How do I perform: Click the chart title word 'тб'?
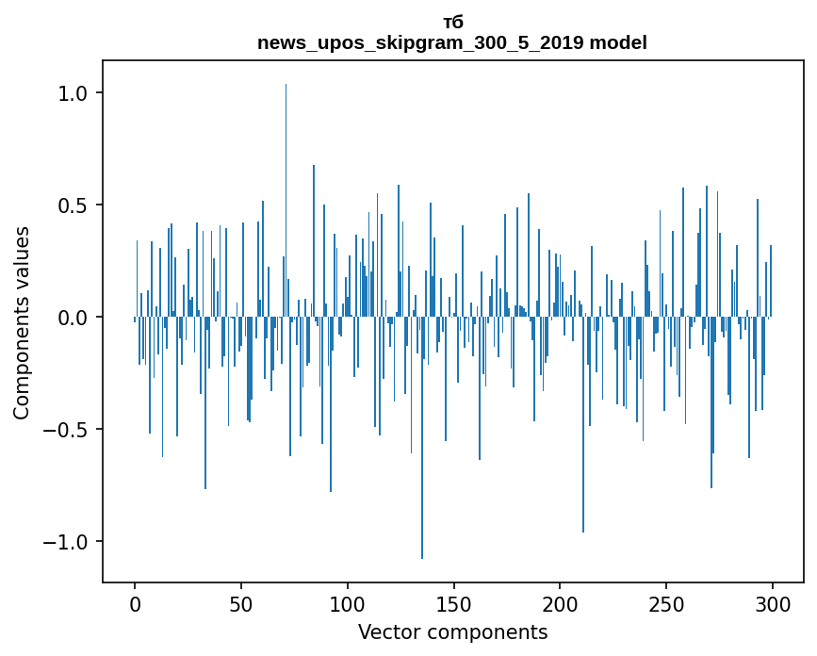[452, 23]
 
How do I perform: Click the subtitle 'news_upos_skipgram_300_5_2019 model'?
[452, 42]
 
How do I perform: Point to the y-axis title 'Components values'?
[22, 322]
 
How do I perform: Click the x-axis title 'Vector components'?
[452, 632]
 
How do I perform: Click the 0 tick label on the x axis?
[135, 603]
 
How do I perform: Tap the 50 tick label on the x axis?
[241, 603]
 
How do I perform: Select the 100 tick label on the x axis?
[348, 603]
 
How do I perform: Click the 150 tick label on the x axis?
[453, 603]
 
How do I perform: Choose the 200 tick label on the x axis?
[560, 603]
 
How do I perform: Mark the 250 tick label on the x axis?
[666, 603]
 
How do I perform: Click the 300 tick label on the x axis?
[773, 603]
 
